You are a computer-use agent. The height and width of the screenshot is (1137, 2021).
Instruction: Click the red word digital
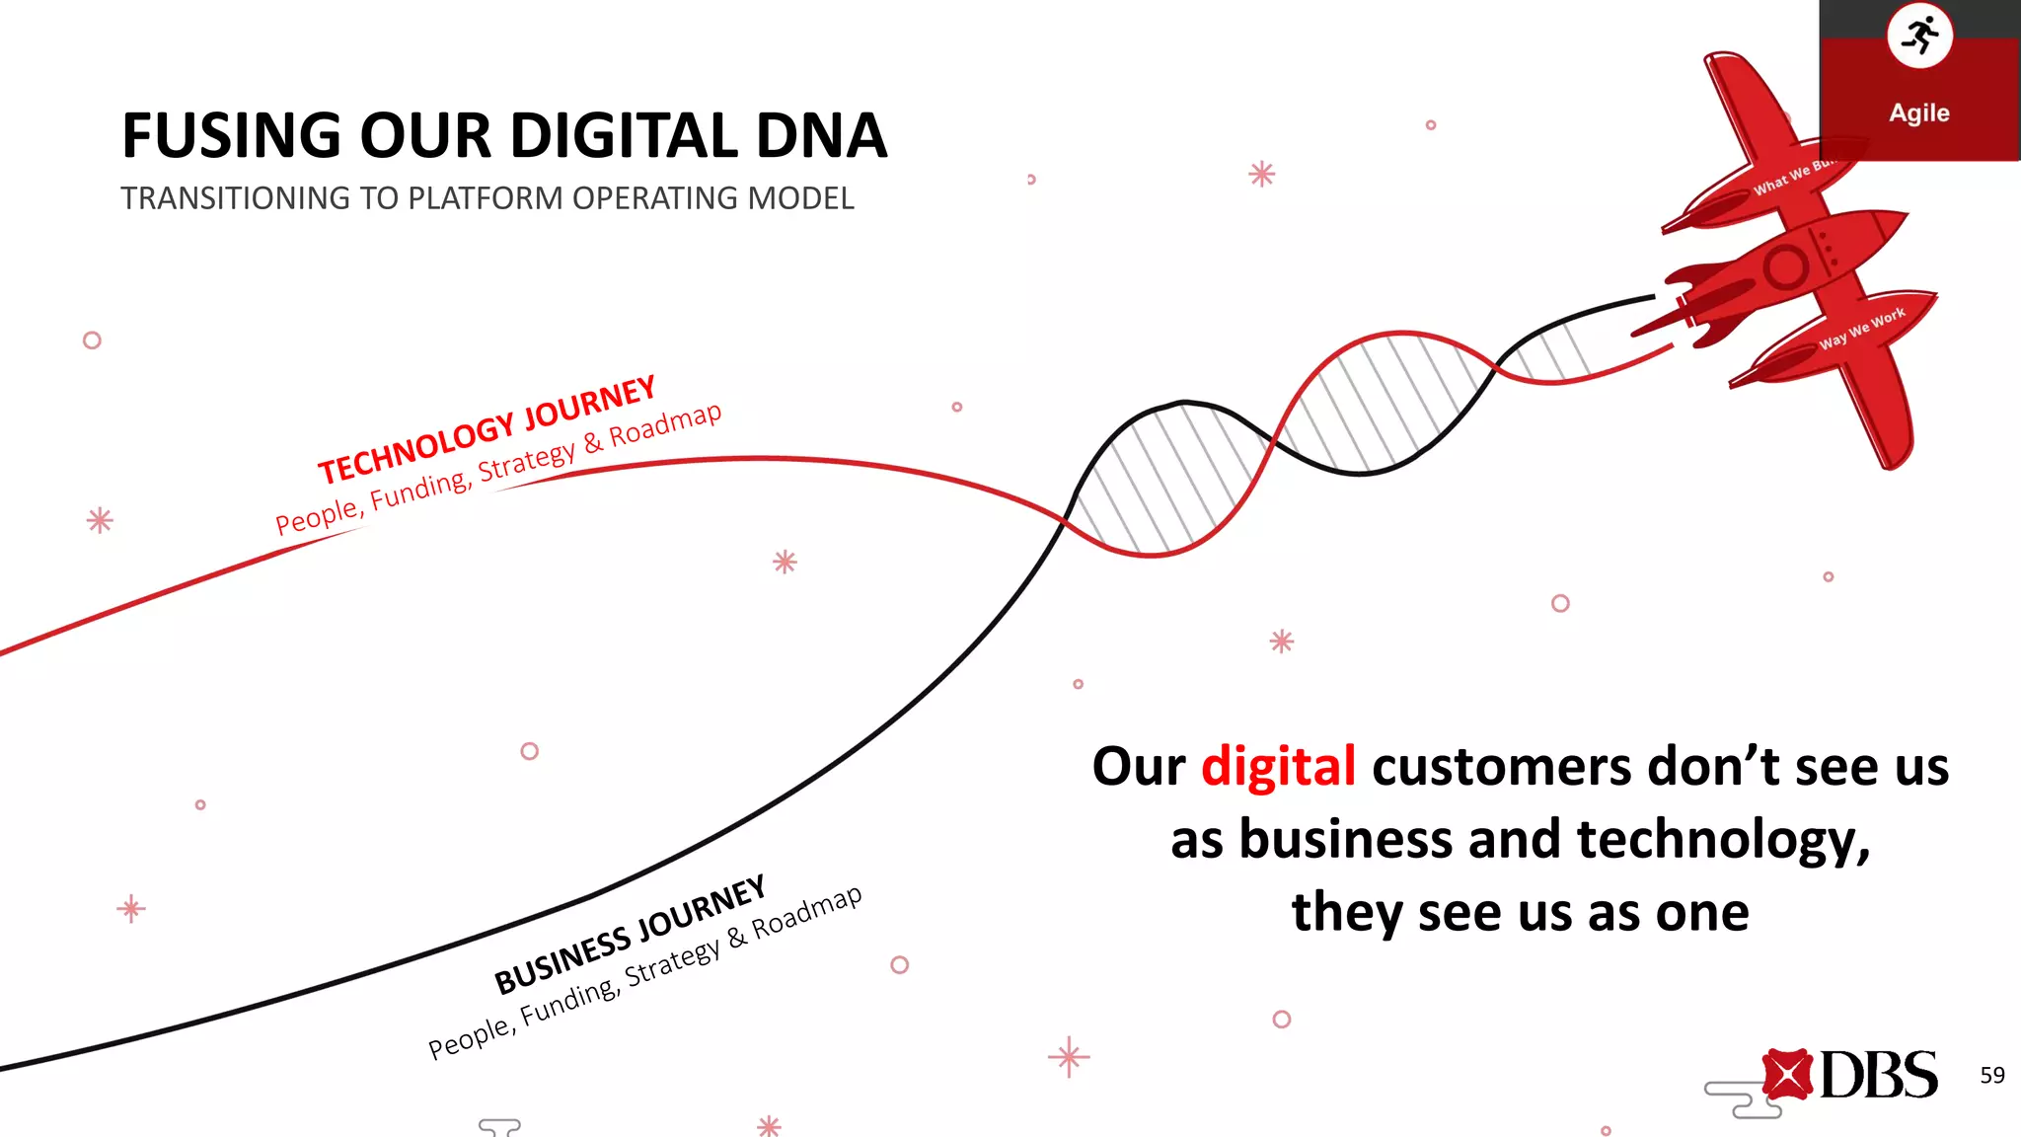[1278, 767]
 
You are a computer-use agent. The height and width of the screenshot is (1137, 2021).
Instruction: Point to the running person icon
[1919, 36]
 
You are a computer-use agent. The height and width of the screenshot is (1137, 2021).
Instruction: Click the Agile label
[1919, 113]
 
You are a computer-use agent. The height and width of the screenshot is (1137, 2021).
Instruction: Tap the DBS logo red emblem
[1787, 1074]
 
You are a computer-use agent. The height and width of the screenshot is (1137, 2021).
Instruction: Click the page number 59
[1991, 1075]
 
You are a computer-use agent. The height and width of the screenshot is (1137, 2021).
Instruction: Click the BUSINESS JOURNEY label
[630, 935]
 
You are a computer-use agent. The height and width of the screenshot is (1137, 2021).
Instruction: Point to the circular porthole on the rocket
[1785, 266]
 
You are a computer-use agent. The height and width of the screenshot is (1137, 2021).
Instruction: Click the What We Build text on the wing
[1792, 177]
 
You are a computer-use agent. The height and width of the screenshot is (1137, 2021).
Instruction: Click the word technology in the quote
[1722, 840]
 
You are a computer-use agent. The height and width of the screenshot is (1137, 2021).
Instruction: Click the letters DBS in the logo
[1878, 1075]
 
